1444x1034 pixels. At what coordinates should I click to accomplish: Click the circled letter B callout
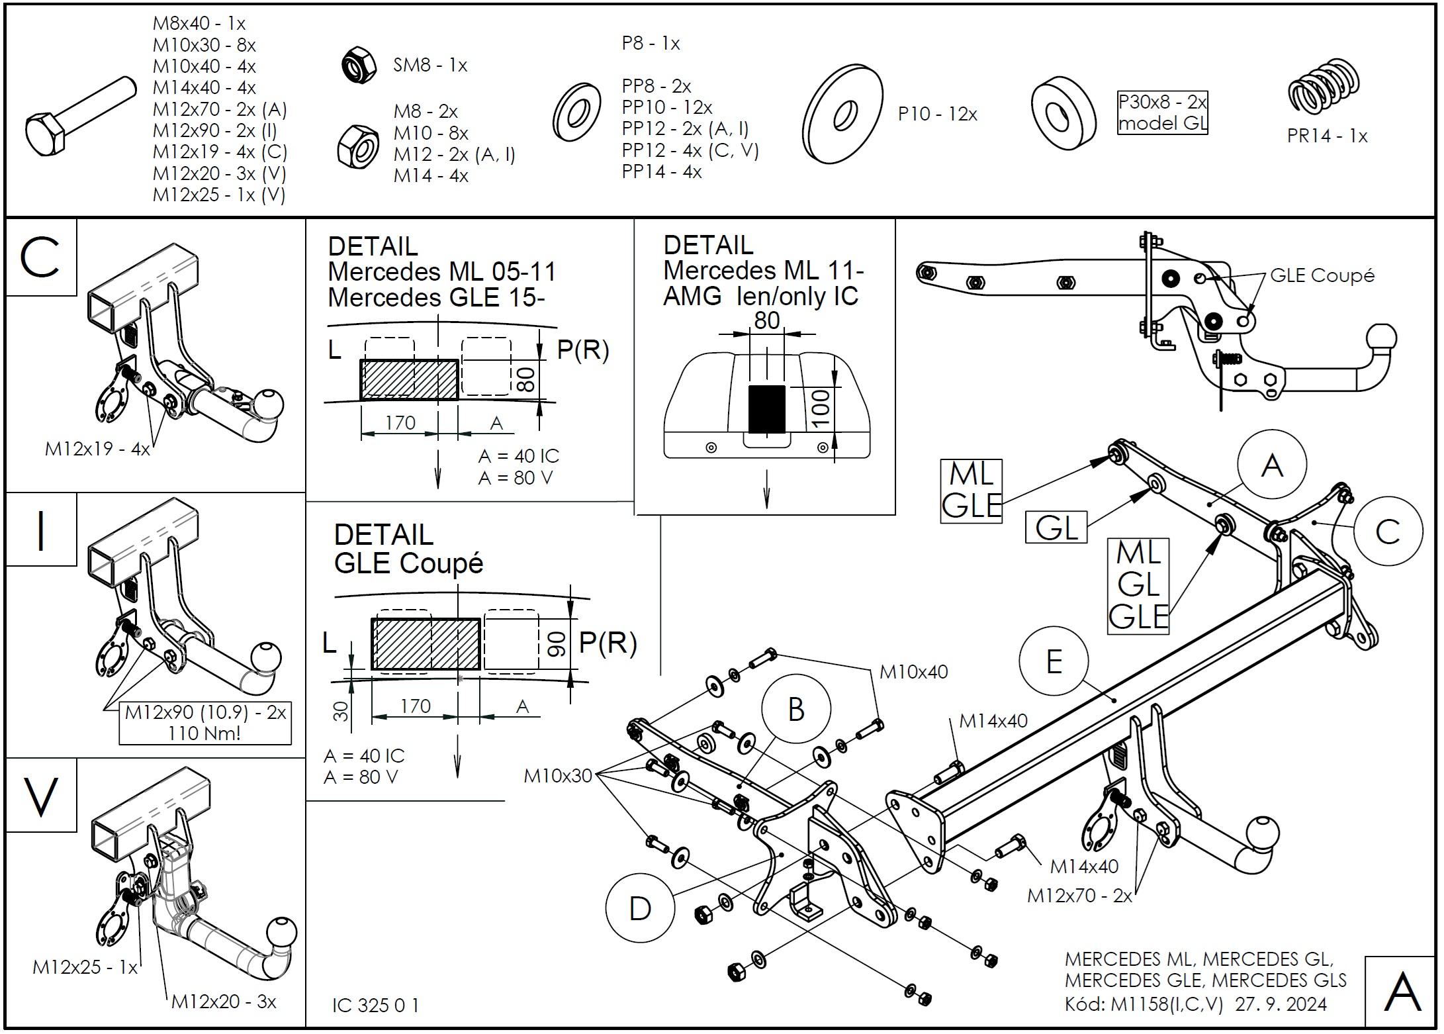[x=795, y=710]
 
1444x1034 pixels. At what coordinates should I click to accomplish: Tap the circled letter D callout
[x=639, y=908]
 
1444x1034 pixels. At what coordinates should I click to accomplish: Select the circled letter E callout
[x=1054, y=661]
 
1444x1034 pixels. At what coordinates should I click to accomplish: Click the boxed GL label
[x=1056, y=528]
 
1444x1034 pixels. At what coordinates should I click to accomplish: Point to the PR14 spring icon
[x=1324, y=85]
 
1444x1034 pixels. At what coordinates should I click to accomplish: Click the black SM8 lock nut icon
[x=358, y=64]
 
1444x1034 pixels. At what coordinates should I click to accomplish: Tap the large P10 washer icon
[x=842, y=114]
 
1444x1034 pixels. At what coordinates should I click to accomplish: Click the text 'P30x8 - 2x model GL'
[x=1162, y=113]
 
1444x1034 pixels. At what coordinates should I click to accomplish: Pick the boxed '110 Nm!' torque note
[x=205, y=733]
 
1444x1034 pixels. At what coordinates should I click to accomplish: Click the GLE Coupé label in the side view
[x=1322, y=275]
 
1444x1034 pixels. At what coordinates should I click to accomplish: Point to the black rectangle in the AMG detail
[x=766, y=409]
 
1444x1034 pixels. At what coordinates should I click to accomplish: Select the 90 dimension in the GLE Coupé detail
[x=557, y=644]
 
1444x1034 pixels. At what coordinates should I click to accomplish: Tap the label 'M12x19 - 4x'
[x=97, y=449]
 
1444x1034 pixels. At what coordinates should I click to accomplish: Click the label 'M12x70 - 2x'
[x=1079, y=896]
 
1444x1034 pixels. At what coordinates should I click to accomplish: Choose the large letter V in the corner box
[x=40, y=796]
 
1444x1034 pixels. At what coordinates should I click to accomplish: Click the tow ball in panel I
[x=266, y=657]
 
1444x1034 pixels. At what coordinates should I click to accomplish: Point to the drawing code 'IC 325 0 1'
[x=375, y=1006]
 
